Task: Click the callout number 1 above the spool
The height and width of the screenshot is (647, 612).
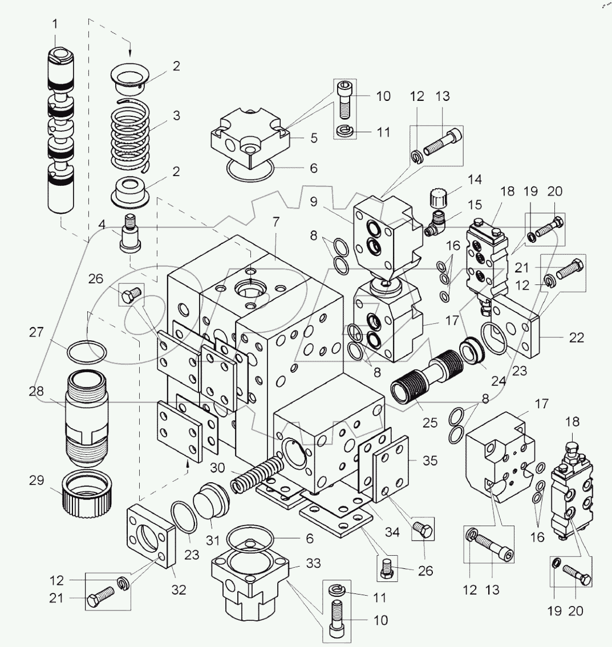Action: (55, 25)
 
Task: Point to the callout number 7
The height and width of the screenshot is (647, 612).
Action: (275, 222)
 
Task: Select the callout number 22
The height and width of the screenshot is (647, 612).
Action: (577, 337)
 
